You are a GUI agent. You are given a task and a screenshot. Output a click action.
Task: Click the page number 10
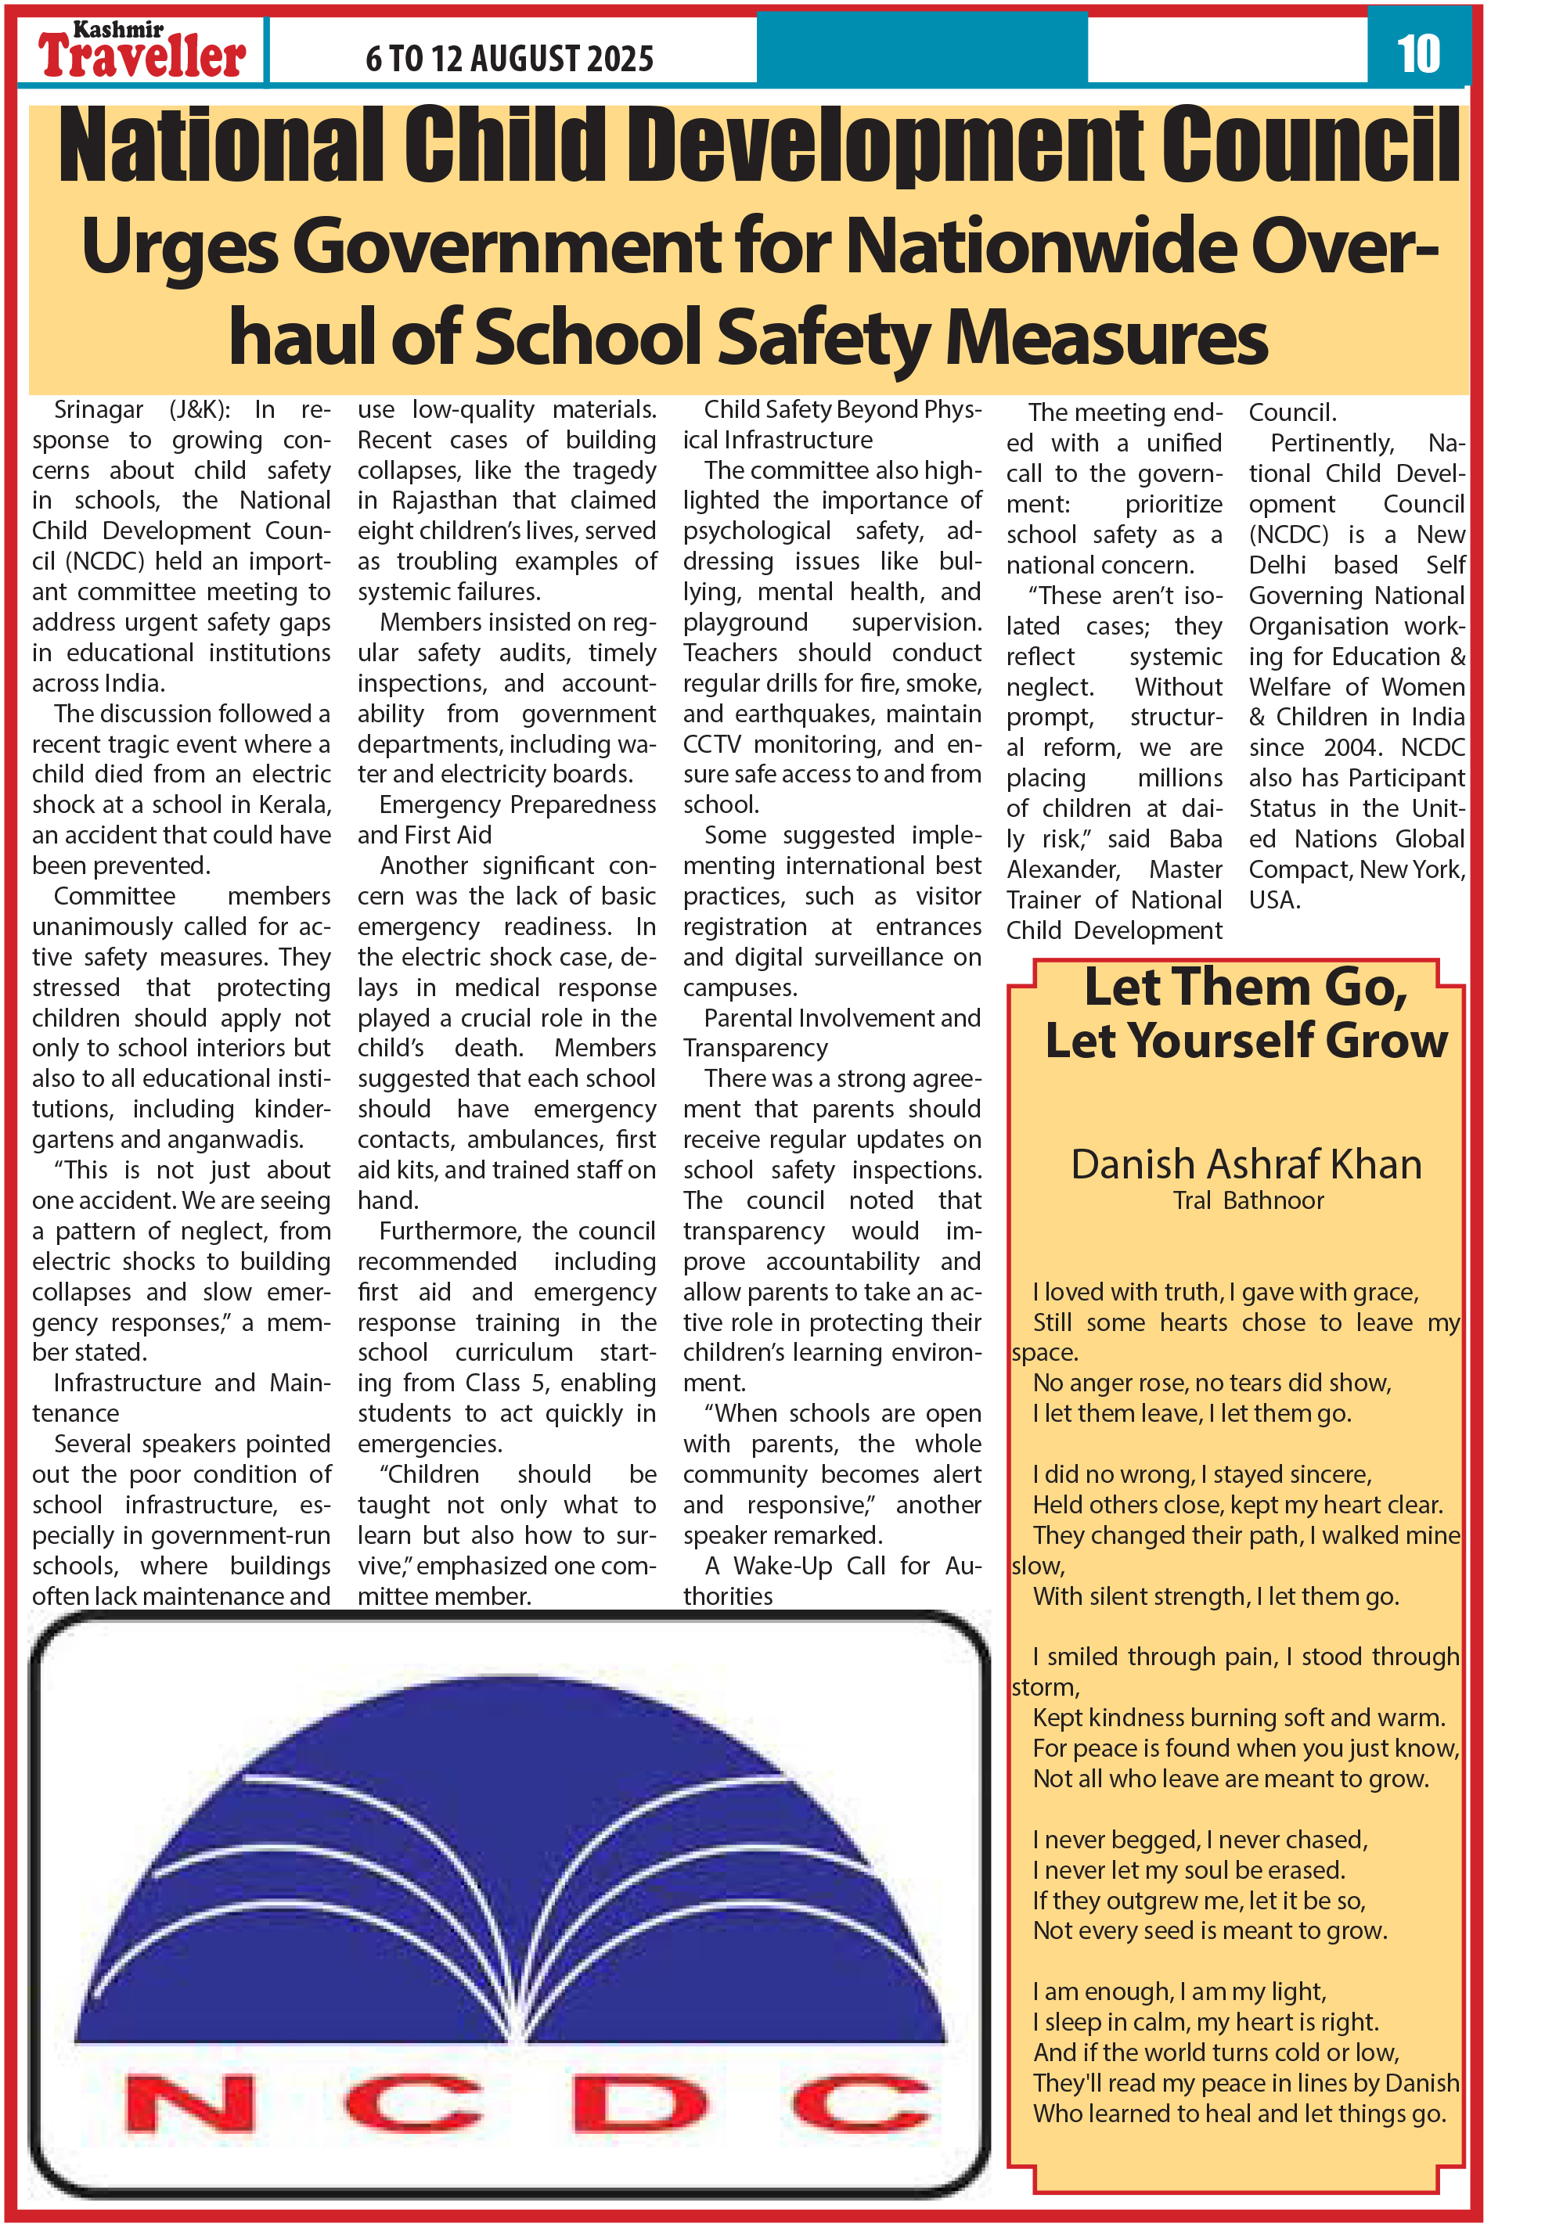point(1418,53)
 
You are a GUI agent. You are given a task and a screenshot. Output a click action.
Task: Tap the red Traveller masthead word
point(142,57)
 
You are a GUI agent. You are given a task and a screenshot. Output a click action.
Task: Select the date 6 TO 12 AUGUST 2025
point(510,59)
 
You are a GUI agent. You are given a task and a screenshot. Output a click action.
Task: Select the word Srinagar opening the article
point(99,409)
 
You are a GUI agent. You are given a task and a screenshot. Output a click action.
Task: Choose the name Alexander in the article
point(1063,869)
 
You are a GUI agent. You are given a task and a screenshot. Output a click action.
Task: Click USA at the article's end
point(1272,900)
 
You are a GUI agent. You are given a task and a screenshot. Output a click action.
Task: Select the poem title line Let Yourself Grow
point(1246,1042)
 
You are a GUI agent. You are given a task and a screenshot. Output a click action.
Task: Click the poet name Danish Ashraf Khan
point(1246,1164)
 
